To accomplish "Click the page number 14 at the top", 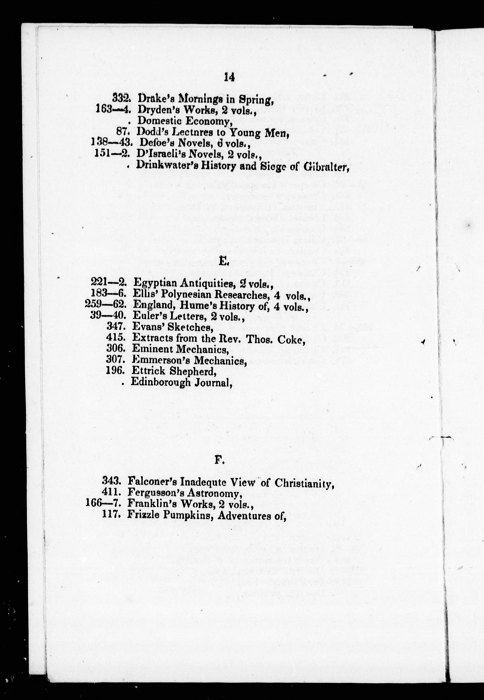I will click(229, 78).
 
